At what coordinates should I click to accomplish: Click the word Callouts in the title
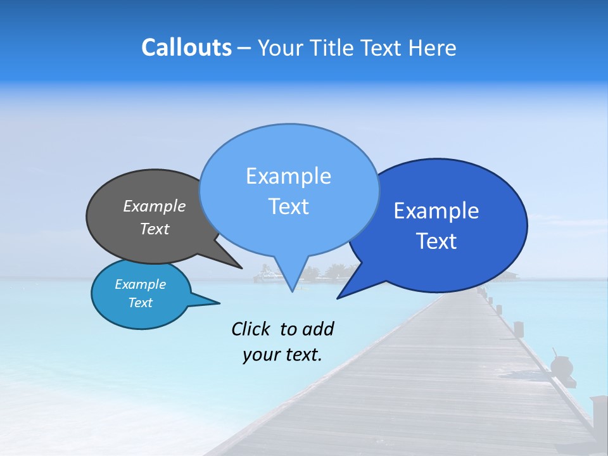(186, 47)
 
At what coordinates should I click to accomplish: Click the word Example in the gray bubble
(154, 206)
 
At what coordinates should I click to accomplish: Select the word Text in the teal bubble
(141, 303)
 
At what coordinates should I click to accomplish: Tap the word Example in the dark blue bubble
(436, 211)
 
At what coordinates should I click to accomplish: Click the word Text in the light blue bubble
(288, 206)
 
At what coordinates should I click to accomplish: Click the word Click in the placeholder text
(251, 329)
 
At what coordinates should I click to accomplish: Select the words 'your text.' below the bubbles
(282, 355)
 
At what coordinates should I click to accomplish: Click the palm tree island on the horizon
(326, 274)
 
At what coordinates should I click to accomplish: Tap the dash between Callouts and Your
(244, 48)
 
